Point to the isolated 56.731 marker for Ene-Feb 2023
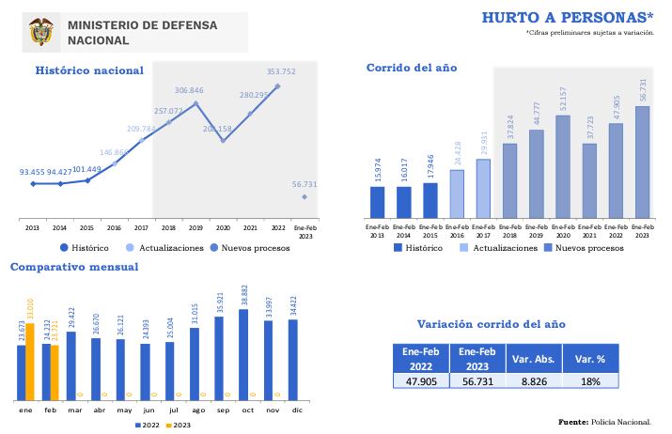tap(304, 196)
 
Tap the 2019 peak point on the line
tap(195, 103)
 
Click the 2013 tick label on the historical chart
tap(33, 227)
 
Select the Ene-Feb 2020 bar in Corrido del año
tap(563, 165)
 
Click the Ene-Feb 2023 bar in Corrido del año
tap(642, 161)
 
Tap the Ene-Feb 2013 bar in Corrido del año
tap(378, 201)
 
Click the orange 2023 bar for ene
tap(30, 361)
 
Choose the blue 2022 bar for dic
tap(294, 359)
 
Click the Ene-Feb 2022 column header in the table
tap(421, 357)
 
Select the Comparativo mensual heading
tap(74, 267)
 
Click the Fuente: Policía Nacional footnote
tap(603, 422)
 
